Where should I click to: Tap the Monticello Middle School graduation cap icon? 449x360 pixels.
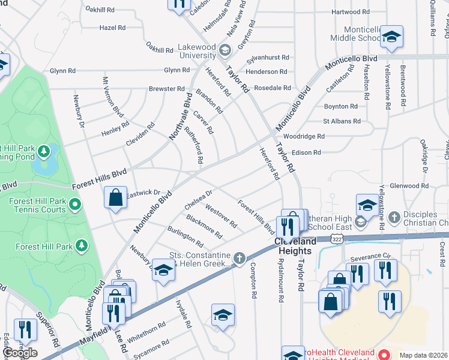[391, 37]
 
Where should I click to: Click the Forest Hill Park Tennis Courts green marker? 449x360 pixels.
[74, 205]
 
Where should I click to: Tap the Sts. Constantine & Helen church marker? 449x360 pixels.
[240, 259]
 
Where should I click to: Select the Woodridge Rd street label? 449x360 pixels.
[304, 136]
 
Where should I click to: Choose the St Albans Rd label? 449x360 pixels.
[342, 121]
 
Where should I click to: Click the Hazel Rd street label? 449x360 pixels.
[112, 28]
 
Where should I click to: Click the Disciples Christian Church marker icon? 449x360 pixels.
[394, 215]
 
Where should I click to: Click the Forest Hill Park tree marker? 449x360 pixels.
[82, 245]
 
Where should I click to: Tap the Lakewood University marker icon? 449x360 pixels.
[226, 50]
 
